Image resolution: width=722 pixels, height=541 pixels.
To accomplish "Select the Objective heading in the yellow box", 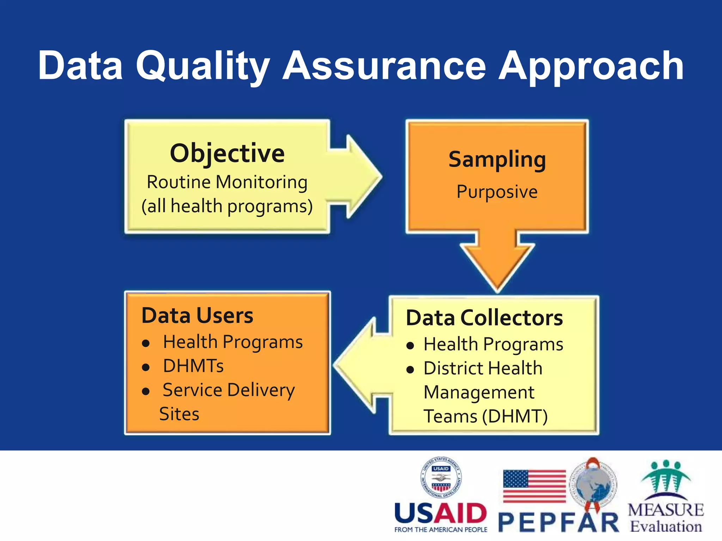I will pos(227,153).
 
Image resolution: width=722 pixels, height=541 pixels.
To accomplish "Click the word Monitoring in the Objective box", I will pos(261,182).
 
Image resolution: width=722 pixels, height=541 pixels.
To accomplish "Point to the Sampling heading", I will pos(497,160).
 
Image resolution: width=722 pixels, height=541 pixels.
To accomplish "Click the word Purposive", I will pos(497,192).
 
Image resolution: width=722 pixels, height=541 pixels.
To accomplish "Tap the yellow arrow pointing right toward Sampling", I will pos(356,176).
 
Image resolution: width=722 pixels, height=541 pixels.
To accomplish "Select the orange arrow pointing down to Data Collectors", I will pos(497,261).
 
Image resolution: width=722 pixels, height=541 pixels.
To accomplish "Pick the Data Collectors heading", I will pos(484,318).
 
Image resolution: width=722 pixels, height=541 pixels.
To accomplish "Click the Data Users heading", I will pos(197,315).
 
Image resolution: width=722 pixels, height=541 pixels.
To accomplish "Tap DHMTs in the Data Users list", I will pos(193,366).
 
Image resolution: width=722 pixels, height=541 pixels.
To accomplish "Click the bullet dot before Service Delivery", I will pos(146,391).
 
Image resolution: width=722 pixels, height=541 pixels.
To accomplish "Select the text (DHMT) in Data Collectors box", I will pos(515,416).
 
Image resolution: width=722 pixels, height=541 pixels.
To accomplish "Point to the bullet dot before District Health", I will pos(410,370).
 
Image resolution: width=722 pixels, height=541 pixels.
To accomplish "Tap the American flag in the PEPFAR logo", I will pos(534,486).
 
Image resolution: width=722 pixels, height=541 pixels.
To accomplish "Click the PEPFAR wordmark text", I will pos(559,523).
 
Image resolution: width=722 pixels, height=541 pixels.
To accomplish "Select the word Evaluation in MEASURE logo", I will pos(666,527).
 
